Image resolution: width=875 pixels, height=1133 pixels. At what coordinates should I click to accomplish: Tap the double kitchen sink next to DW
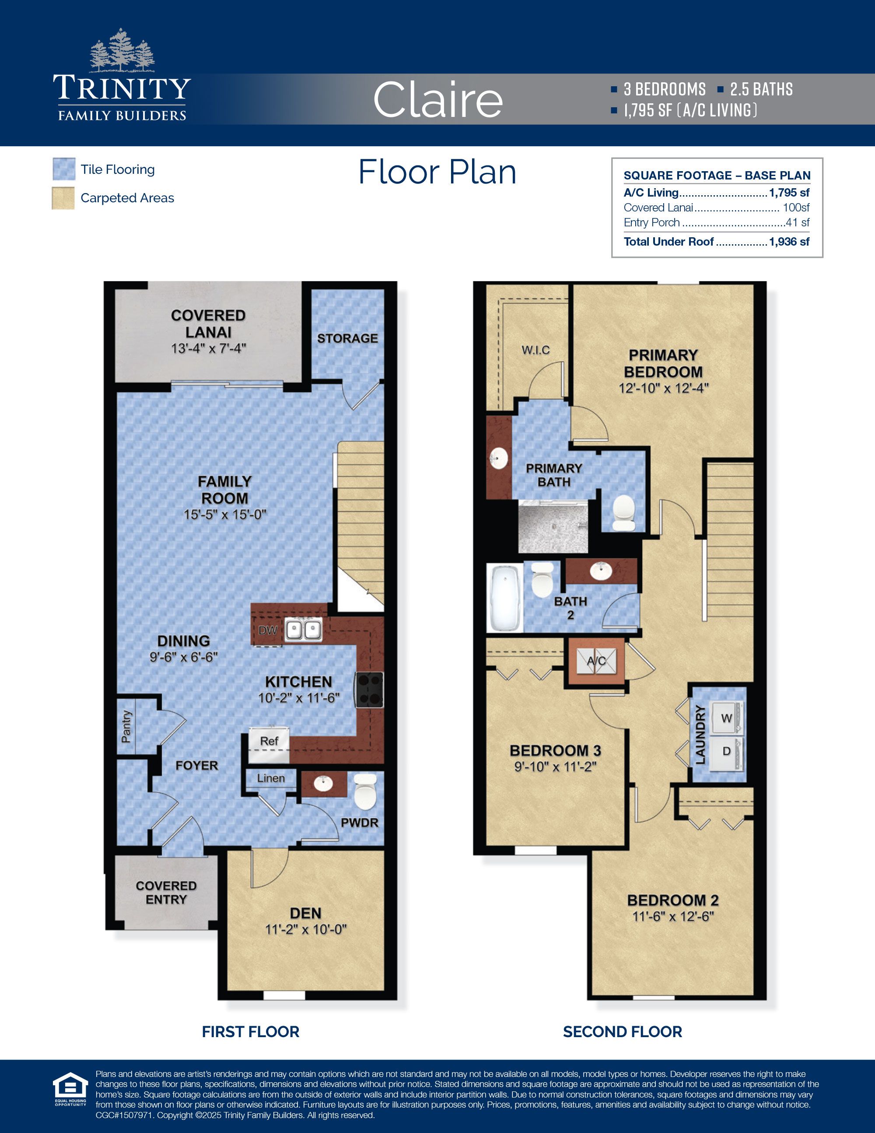pos(304,631)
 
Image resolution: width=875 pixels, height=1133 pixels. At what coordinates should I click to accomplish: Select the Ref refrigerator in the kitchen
pos(269,744)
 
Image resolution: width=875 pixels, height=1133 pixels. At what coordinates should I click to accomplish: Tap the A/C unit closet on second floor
pos(596,662)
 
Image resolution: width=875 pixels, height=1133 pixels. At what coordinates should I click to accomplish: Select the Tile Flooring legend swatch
pos(64,169)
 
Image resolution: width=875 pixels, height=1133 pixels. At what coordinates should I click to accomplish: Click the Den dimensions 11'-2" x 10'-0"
pos(306,929)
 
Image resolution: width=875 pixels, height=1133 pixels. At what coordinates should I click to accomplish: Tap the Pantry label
pos(126,727)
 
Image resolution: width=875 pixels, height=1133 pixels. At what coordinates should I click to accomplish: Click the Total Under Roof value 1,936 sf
pos(789,242)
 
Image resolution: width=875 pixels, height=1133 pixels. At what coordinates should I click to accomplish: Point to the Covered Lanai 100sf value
pos(796,208)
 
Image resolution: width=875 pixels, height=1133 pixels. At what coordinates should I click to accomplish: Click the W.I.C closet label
pos(535,350)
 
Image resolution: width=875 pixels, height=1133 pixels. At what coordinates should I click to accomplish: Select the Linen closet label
pos(270,778)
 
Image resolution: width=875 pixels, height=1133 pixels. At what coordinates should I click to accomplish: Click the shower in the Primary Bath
pos(553,529)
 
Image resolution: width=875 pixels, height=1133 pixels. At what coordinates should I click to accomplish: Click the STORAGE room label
pos(347,338)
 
